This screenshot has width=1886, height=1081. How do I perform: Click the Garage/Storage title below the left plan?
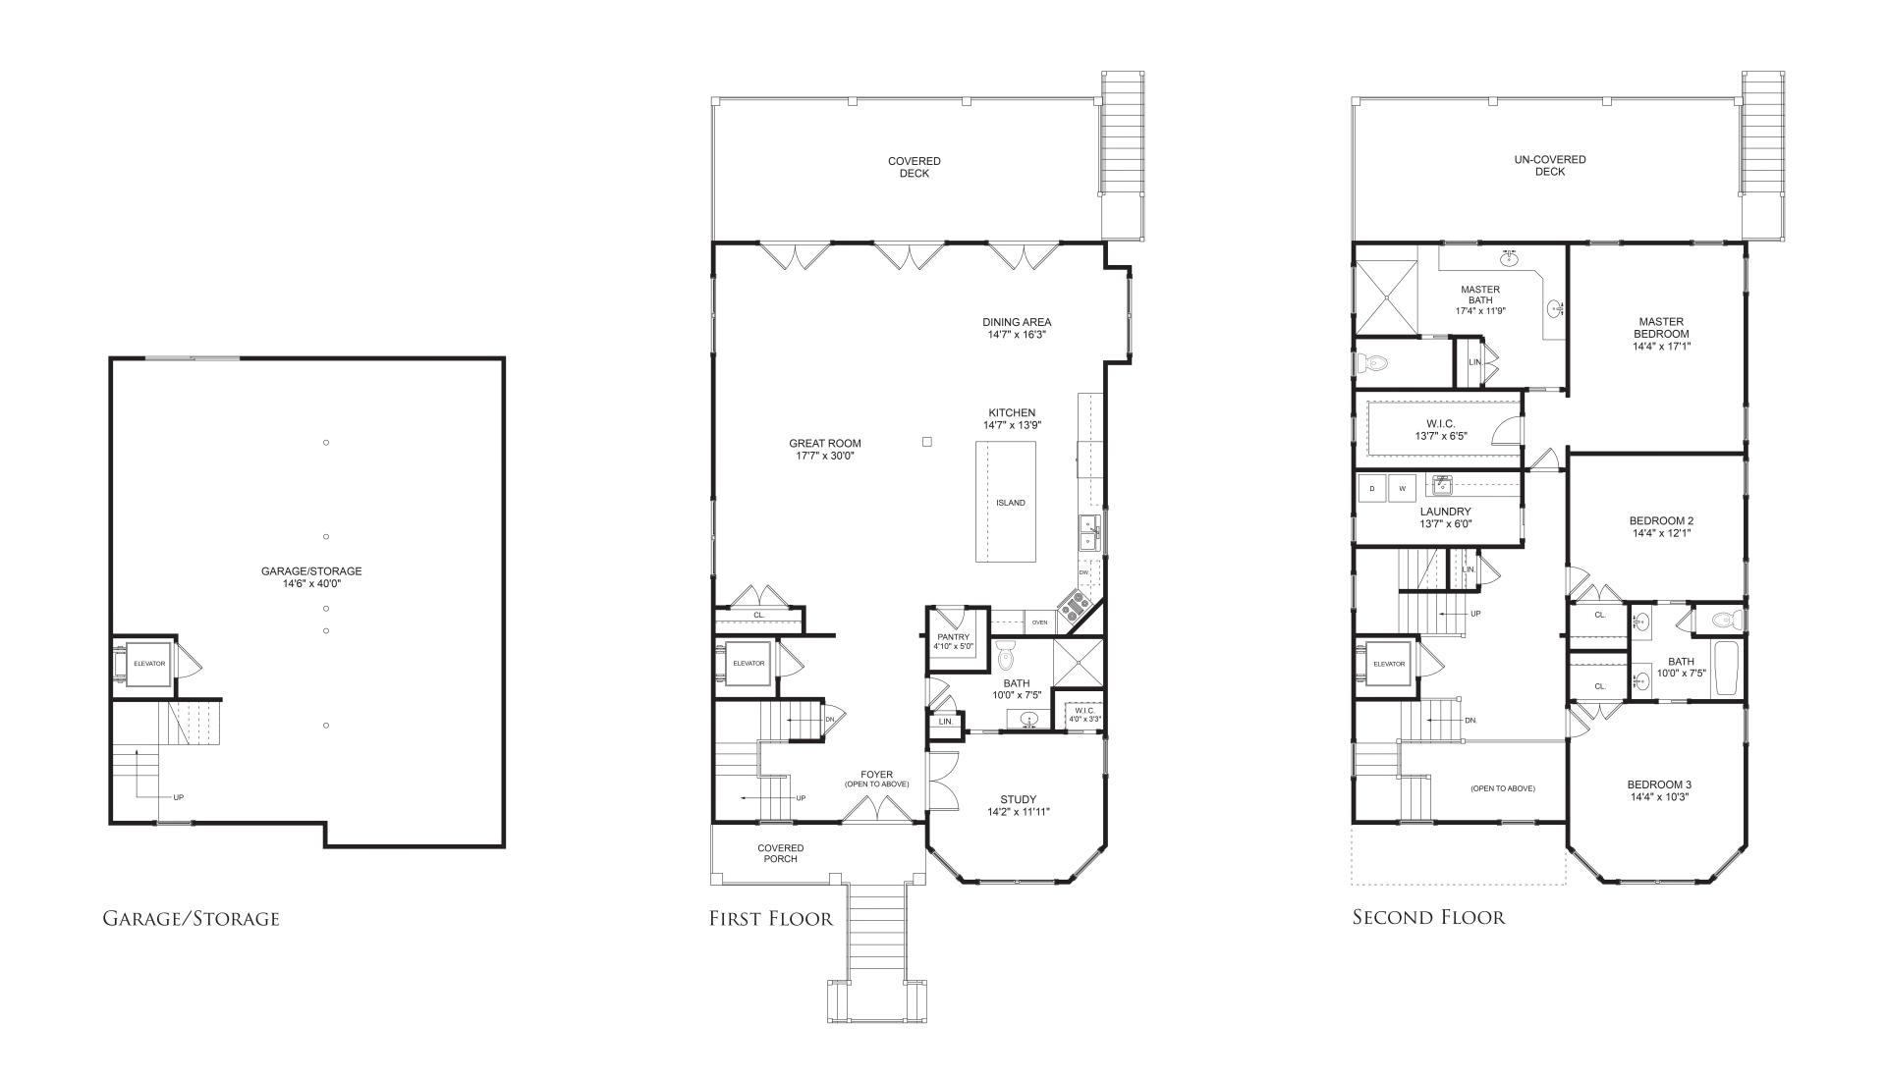[x=191, y=919]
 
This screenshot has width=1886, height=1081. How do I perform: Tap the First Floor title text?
[x=771, y=919]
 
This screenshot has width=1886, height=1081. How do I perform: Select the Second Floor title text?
[x=1428, y=918]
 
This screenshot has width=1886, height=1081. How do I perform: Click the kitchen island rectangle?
[x=1005, y=502]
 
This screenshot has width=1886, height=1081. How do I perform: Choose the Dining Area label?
[x=1017, y=328]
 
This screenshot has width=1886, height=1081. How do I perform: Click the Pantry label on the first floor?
[x=953, y=641]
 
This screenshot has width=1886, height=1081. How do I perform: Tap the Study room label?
[x=1018, y=806]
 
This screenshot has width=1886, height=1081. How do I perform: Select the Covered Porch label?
[x=781, y=853]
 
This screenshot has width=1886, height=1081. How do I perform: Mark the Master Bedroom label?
[x=1661, y=334]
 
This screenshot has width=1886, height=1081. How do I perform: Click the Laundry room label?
[x=1445, y=517]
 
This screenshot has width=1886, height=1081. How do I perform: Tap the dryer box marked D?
[x=1371, y=488]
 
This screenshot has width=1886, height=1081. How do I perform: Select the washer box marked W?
[x=1402, y=488]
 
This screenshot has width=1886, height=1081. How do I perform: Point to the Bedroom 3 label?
[x=1659, y=790]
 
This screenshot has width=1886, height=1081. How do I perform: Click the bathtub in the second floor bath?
[x=1726, y=669]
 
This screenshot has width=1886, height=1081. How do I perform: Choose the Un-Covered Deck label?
[x=1549, y=166]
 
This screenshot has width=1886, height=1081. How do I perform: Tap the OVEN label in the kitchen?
[x=1039, y=622]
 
